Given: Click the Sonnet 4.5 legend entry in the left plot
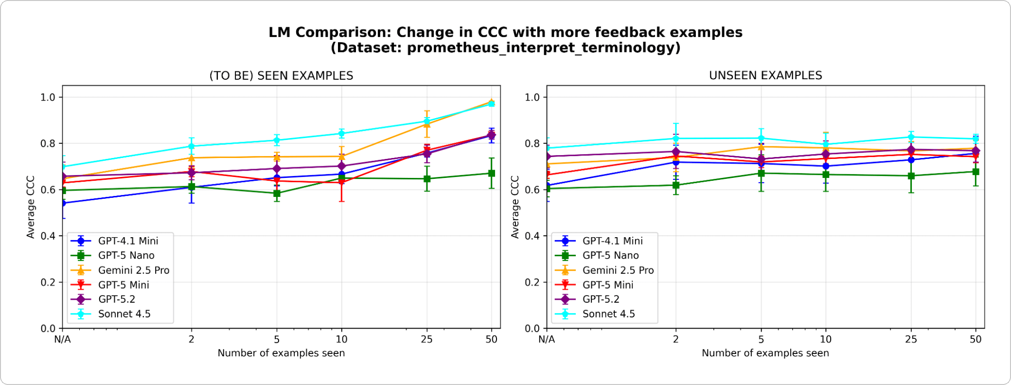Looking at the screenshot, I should [124, 314].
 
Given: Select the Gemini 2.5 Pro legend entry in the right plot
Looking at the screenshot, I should [618, 270].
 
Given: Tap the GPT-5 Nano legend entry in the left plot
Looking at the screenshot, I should [126, 256].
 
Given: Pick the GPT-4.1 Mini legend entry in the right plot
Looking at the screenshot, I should [612, 241].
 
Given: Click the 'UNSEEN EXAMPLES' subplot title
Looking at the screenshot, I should [765, 75].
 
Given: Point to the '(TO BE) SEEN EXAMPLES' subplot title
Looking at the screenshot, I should [281, 75].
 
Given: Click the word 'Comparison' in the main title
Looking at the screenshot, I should [343, 33].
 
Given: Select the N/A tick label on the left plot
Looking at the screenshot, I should [62, 339].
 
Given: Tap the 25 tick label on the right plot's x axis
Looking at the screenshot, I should [911, 339].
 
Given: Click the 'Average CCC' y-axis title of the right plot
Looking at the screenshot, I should [515, 207].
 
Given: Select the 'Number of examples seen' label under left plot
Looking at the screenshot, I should [281, 353].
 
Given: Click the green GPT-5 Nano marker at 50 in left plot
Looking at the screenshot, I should [492, 173].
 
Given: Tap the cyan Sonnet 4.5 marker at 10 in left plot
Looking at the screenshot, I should [341, 133].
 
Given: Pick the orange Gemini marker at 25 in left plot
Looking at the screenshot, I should [427, 124].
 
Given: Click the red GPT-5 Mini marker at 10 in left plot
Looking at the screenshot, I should [341, 182].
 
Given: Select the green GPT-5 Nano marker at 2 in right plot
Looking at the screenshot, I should [675, 185].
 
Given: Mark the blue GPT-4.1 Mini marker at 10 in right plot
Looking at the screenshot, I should [826, 166].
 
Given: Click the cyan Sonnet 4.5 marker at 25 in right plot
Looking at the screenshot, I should [911, 137].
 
